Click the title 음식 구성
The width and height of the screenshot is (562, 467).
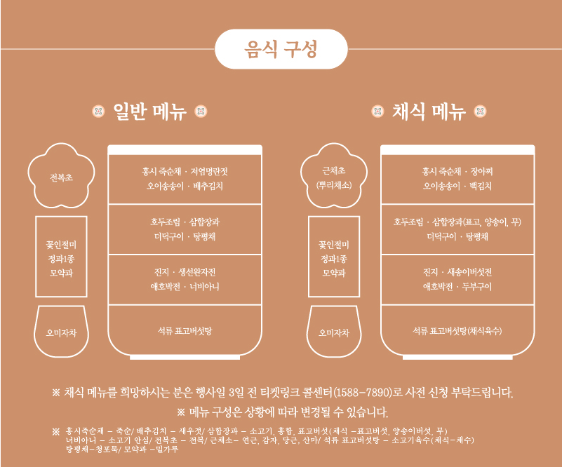pyautogui.click(x=281, y=49)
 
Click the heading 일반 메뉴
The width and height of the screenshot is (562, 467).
pyautogui.click(x=149, y=111)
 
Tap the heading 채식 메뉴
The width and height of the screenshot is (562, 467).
pyautogui.click(x=429, y=111)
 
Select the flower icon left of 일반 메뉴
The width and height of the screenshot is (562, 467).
pyautogui.click(x=98, y=111)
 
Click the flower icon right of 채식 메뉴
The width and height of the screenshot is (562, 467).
pyautogui.click(x=481, y=111)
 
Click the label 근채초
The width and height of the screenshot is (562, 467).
pyautogui.click(x=333, y=170)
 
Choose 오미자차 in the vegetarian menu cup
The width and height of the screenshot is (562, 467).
pyautogui.click(x=333, y=332)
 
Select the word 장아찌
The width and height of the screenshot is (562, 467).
pyautogui.click(x=482, y=171)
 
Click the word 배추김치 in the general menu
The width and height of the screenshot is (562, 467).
pyautogui.click(x=208, y=186)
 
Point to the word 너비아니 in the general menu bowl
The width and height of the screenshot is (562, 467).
pyautogui.click(x=204, y=286)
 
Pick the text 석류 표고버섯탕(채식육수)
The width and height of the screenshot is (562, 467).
pyautogui.click(x=457, y=329)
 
